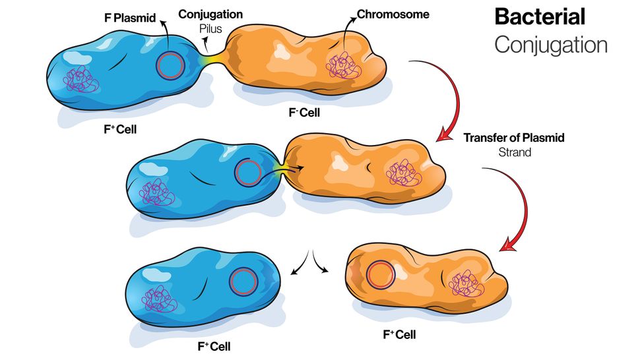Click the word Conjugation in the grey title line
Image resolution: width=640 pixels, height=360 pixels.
click(x=550, y=44)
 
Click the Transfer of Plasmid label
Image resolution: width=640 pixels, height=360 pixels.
click(x=514, y=138)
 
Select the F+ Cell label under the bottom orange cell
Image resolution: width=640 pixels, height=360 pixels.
click(x=399, y=334)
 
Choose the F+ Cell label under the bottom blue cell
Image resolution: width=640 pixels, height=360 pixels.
click(x=212, y=345)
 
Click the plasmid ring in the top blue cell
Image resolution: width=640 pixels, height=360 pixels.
click(x=171, y=64)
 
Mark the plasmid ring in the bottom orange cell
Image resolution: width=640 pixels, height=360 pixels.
click(x=381, y=274)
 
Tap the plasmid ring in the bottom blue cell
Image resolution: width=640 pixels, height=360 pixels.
click(x=242, y=282)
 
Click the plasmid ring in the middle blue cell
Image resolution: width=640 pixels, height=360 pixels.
click(x=248, y=173)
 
